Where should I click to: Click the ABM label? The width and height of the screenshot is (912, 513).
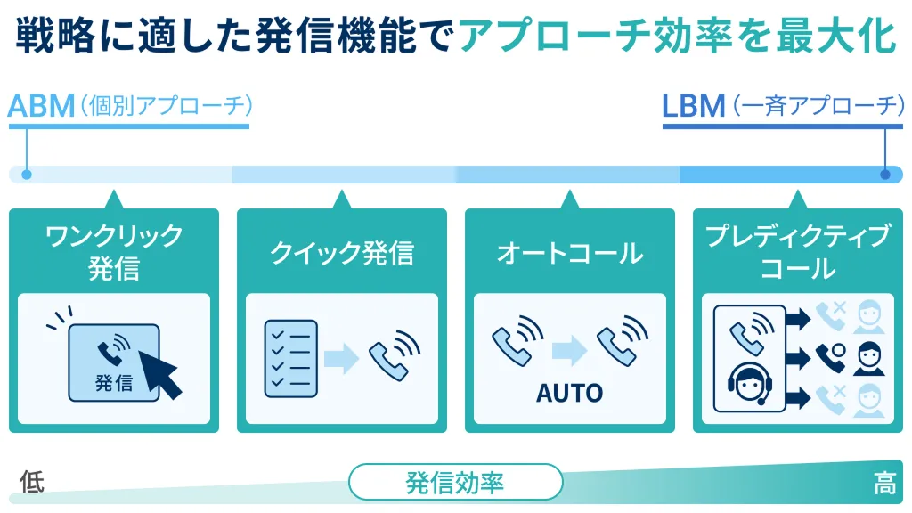click(x=41, y=106)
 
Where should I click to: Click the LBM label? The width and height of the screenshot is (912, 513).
click(x=694, y=106)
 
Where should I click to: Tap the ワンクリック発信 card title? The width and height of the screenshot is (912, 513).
click(x=113, y=251)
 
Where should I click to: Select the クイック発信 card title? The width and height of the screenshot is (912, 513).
click(x=341, y=253)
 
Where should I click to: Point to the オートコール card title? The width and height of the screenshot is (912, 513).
click(x=569, y=253)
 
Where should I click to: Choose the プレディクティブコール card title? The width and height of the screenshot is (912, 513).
click(x=797, y=251)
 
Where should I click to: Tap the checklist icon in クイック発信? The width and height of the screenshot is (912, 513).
click(x=290, y=358)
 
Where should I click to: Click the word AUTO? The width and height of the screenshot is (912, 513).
click(x=569, y=392)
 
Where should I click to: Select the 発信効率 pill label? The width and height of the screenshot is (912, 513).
click(x=455, y=483)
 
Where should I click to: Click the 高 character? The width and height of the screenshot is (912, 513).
click(x=884, y=484)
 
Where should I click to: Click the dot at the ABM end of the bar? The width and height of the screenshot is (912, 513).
click(x=27, y=175)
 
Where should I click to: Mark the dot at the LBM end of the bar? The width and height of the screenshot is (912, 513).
click(x=884, y=175)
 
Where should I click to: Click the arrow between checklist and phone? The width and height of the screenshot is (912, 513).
click(x=340, y=358)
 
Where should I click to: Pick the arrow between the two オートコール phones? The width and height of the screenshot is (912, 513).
click(x=569, y=348)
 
